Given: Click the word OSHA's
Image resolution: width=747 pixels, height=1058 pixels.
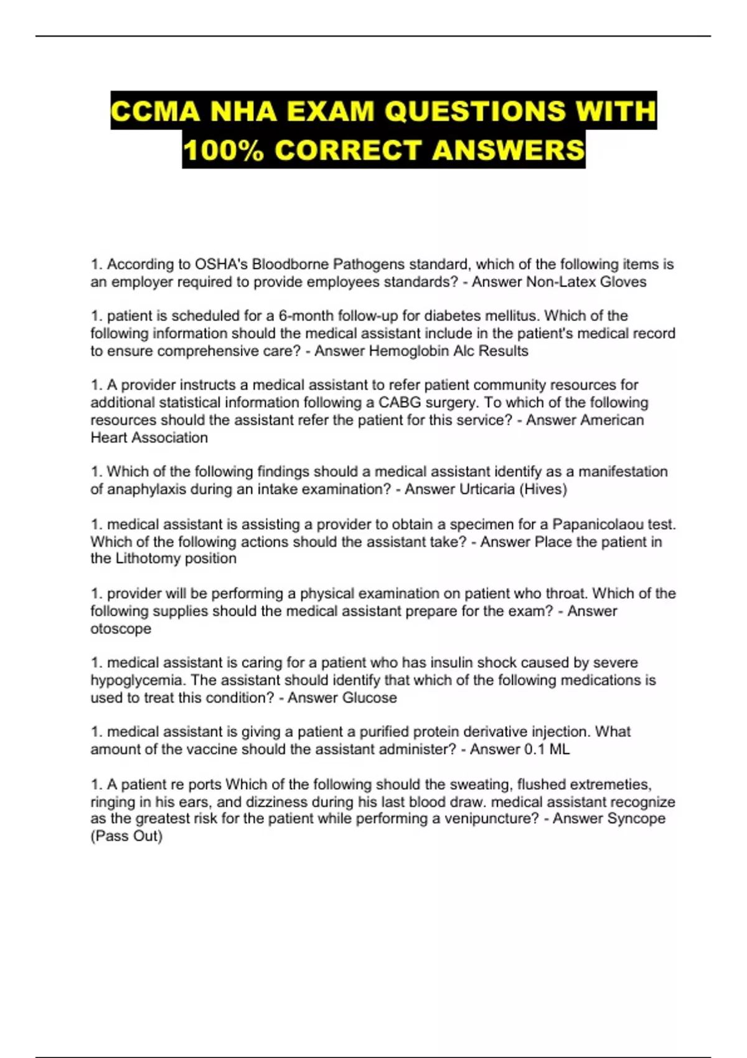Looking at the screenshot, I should [222, 264].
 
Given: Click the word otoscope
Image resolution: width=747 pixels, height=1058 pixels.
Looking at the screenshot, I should [121, 629].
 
